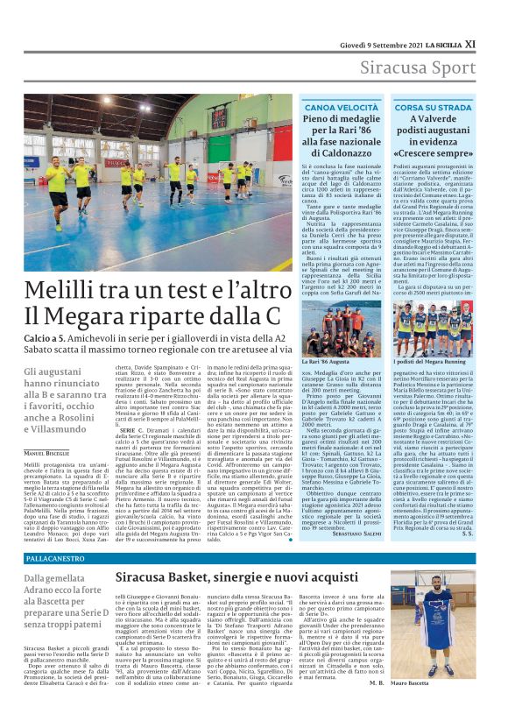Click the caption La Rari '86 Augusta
click(327, 361)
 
